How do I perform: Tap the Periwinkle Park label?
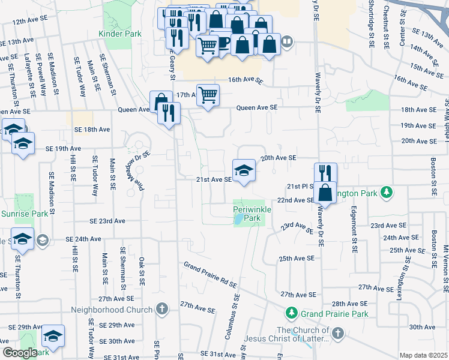[x=252, y=213]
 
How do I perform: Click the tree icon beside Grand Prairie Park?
[x=291, y=313]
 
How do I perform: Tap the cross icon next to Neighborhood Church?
[x=161, y=310]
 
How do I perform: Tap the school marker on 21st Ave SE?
[x=244, y=169]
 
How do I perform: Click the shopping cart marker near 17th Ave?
[x=208, y=95]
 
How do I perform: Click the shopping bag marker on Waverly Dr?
[x=325, y=193]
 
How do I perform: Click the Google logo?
[x=19, y=353]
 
